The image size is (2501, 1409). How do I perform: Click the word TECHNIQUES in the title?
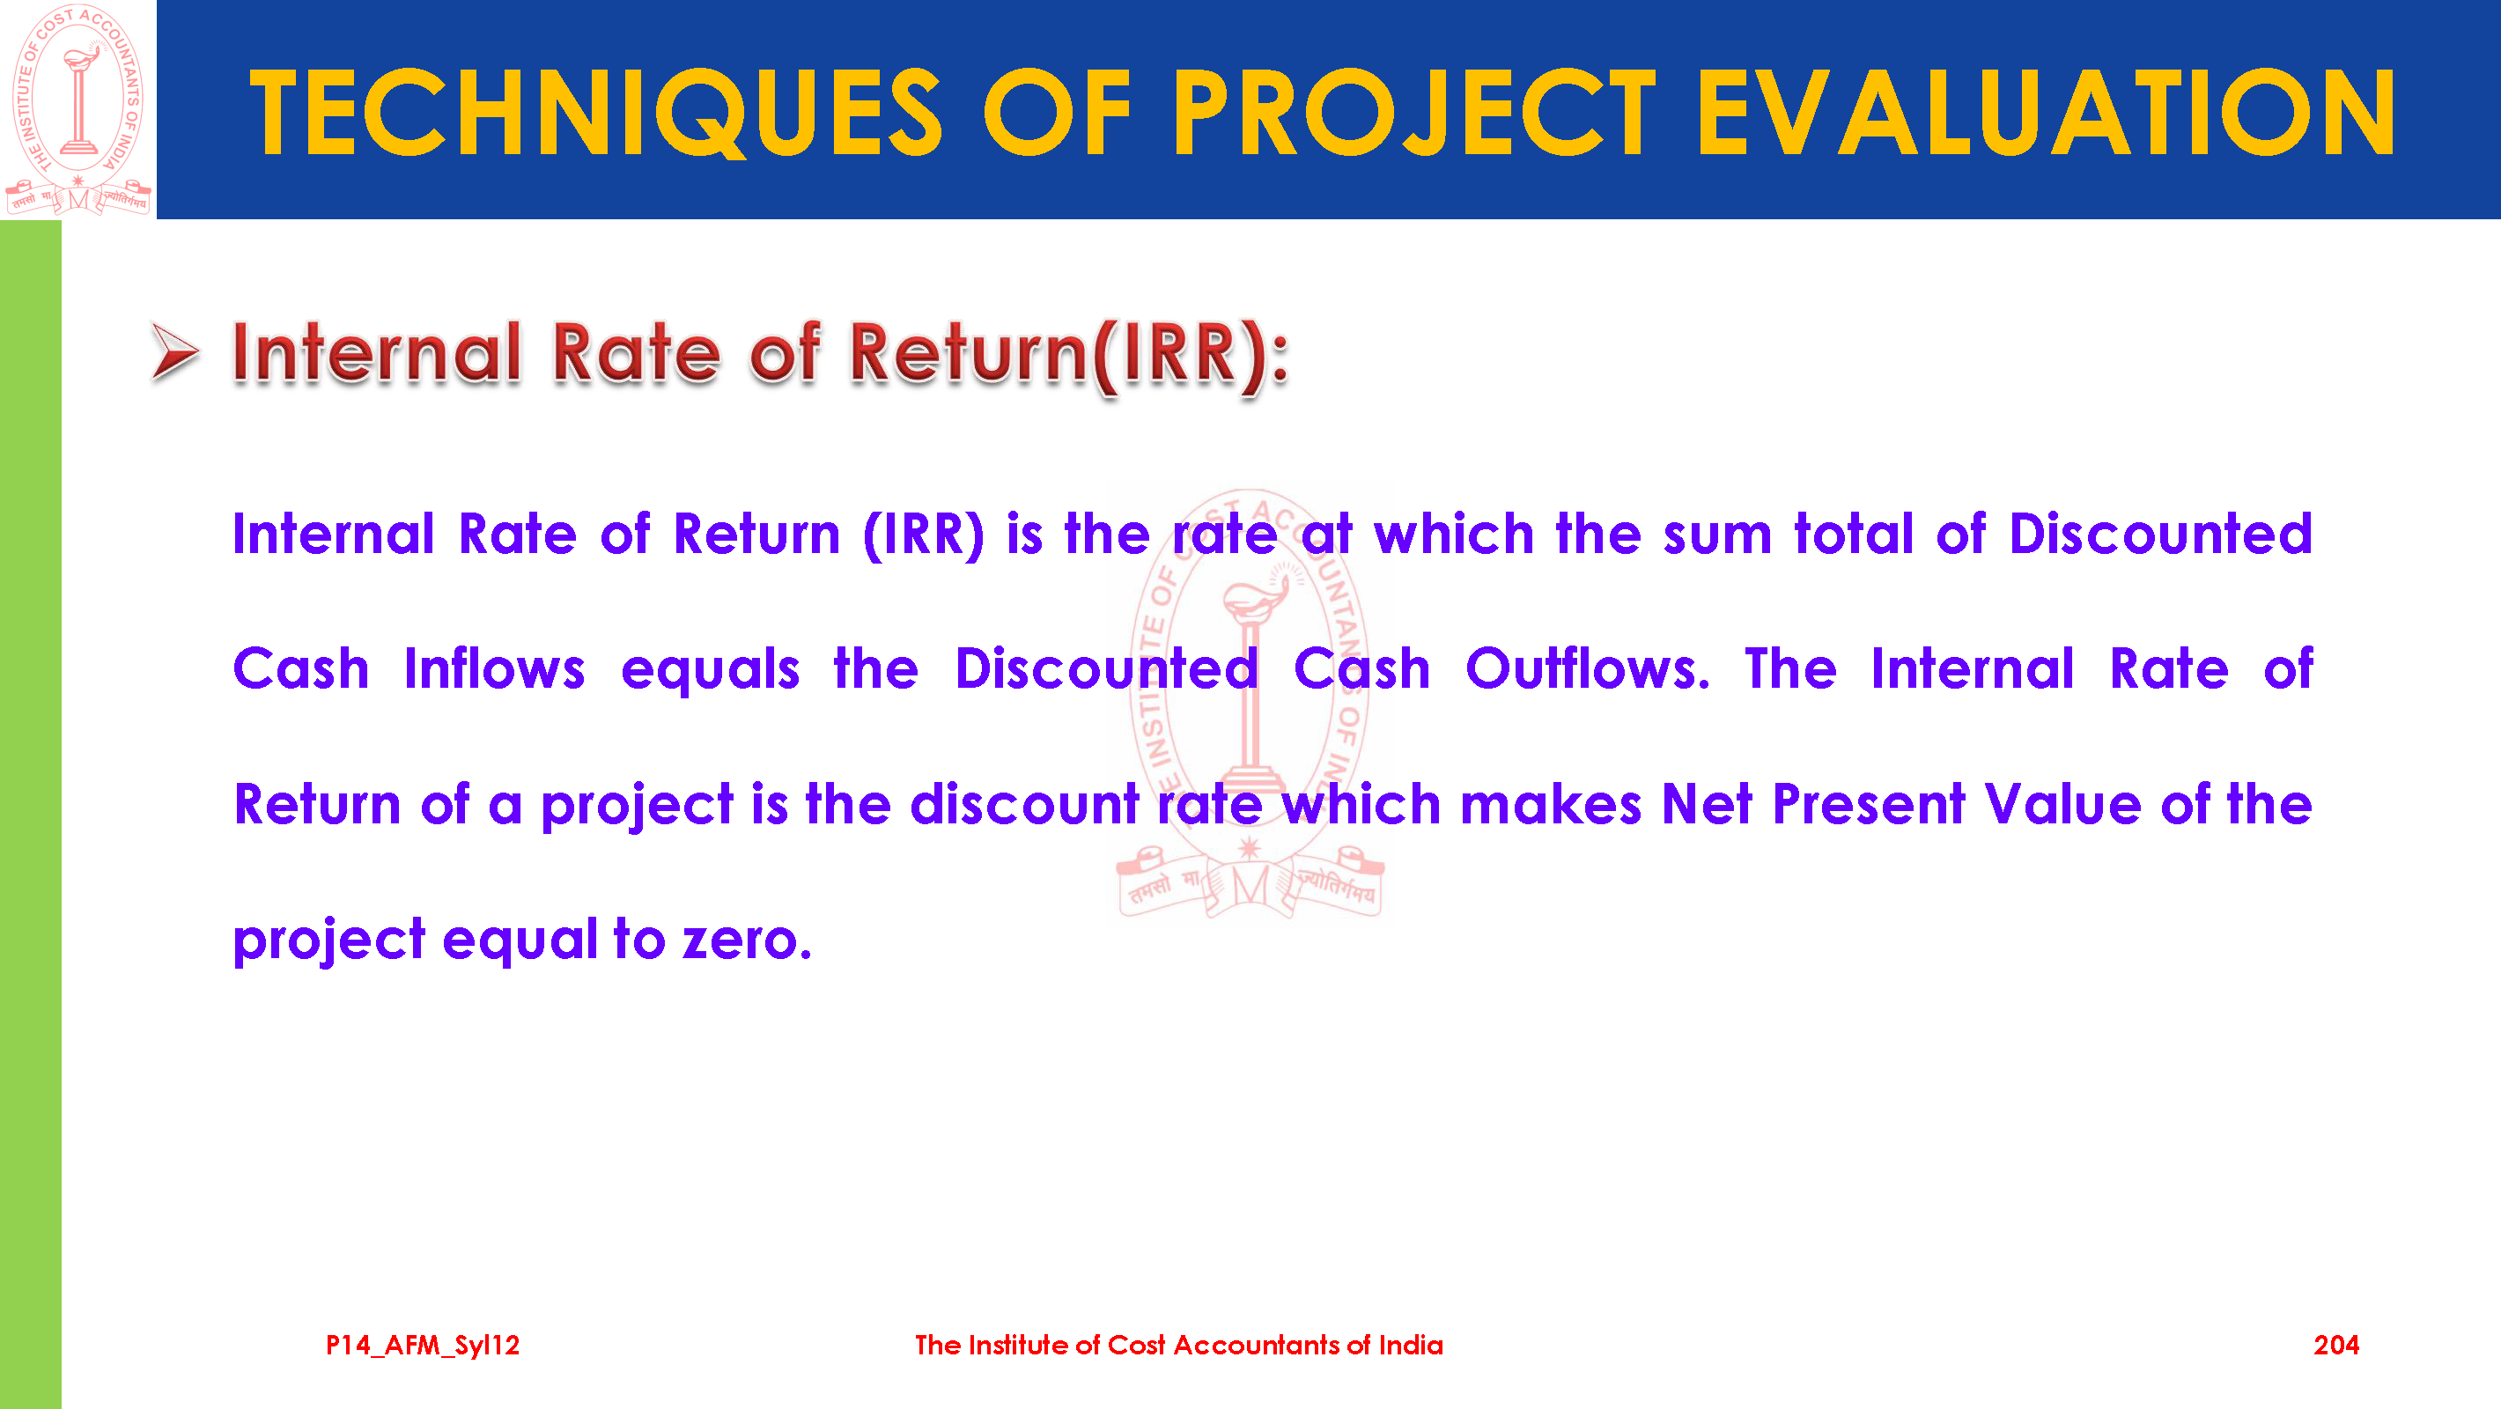tap(595, 114)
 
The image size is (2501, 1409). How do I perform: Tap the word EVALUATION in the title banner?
tap(2046, 114)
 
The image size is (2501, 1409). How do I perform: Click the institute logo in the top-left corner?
tap(78, 109)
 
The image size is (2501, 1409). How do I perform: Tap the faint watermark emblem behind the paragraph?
tap(1250, 704)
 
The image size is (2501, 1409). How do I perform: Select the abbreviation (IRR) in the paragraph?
tap(923, 535)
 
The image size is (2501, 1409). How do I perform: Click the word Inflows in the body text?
tap(494, 669)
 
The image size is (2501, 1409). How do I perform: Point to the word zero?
tap(747, 940)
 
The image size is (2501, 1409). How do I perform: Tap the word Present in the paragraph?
tap(1869, 804)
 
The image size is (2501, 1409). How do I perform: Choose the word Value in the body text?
tap(2062, 804)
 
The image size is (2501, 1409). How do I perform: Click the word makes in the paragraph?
tap(1551, 804)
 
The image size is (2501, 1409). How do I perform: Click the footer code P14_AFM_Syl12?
tap(423, 1345)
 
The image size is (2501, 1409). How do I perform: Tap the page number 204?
tap(2336, 1345)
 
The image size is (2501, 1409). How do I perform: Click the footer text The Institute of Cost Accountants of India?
tap(1178, 1345)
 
